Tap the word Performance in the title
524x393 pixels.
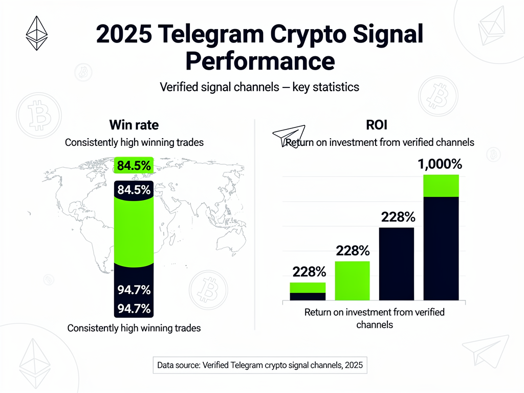[259, 61]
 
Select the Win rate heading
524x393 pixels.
[134, 125]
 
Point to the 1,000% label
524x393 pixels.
[440, 164]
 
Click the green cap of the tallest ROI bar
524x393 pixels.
[441, 185]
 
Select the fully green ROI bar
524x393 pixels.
[352, 280]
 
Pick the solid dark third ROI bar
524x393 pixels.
[397, 264]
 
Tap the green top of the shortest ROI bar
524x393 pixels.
[308, 287]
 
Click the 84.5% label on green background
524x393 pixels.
[134, 166]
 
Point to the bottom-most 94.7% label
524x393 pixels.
[134, 309]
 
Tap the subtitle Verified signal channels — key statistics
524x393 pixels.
[259, 87]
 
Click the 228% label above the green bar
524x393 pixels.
[353, 251]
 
